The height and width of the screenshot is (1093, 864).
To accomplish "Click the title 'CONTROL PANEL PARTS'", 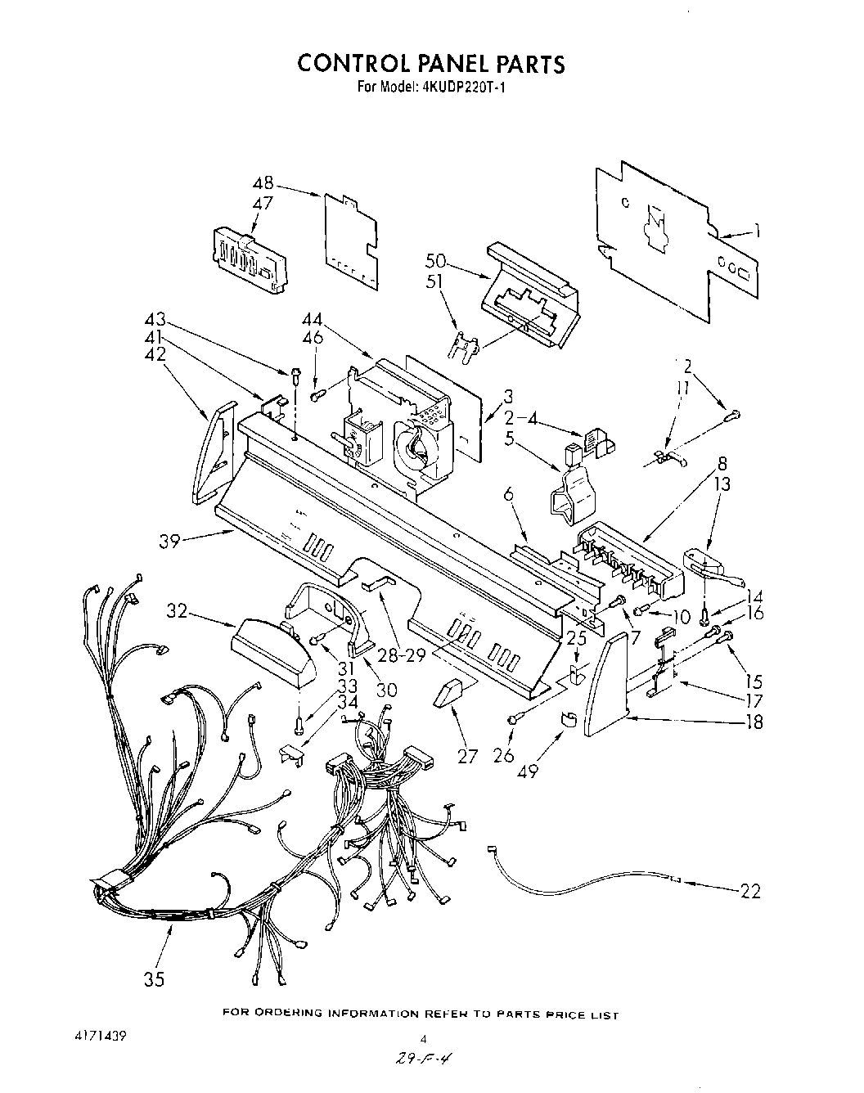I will (x=430, y=64).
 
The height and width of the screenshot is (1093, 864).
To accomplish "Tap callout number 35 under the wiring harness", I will (x=153, y=978).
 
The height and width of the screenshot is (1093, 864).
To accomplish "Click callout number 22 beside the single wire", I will (x=749, y=891).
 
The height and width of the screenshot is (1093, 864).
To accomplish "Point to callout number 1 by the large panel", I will (x=758, y=232).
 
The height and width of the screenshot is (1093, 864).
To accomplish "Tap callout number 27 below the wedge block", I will (x=467, y=756).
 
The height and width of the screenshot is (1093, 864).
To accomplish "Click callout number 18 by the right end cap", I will (x=753, y=722).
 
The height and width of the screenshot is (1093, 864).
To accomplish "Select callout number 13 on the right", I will (x=722, y=485).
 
